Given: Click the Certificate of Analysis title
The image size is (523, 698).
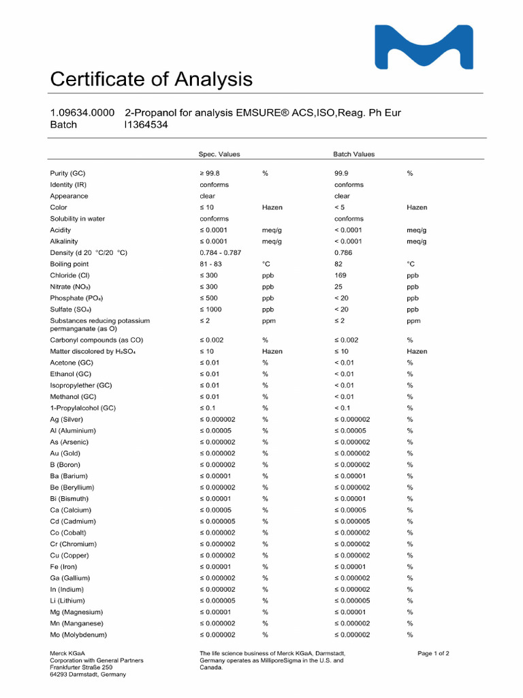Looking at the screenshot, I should (x=151, y=80).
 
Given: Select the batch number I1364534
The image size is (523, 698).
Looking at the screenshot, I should (x=146, y=125).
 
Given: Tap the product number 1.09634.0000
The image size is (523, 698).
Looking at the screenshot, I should (x=82, y=112).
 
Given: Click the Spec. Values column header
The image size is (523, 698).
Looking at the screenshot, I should (x=219, y=154).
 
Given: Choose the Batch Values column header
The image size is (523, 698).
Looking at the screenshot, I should (x=353, y=154).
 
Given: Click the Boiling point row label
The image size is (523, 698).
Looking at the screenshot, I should (x=69, y=264).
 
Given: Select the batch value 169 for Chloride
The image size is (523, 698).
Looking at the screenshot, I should (x=340, y=275).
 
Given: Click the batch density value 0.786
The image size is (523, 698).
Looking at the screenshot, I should (x=343, y=253).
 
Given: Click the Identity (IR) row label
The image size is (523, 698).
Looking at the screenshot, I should (x=68, y=185).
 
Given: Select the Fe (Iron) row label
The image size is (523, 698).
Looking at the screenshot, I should (x=63, y=567).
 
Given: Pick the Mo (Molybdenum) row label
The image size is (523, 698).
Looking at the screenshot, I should (x=78, y=635).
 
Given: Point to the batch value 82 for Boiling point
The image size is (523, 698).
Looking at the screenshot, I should (x=338, y=264).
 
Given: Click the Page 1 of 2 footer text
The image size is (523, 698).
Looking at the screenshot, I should (x=433, y=654).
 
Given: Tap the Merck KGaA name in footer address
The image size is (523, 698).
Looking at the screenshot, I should (x=67, y=654).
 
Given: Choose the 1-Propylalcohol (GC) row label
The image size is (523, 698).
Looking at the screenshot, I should (x=82, y=408).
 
